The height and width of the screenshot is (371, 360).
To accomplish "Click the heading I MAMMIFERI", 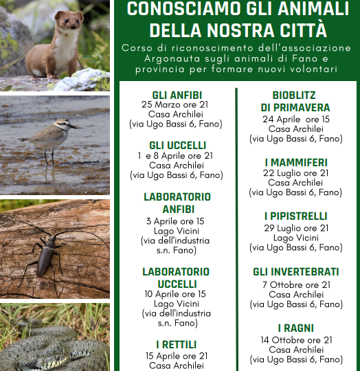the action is click(x=295, y=162).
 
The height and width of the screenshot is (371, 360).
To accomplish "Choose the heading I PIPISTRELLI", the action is click(x=295, y=216).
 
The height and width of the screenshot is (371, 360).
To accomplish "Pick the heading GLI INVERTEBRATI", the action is click(x=295, y=272).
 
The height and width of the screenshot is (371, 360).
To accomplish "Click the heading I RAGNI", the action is click(x=295, y=328).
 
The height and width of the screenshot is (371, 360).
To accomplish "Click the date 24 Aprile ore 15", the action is click(x=295, y=119).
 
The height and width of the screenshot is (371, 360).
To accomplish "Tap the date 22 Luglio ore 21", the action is click(x=295, y=172).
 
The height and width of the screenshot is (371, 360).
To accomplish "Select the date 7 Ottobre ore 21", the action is click(x=295, y=284).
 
